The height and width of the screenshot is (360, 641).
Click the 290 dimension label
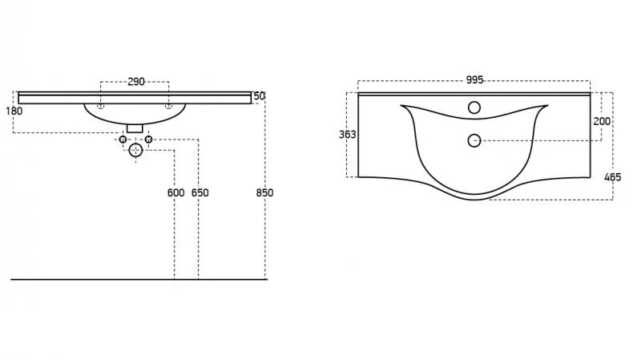[135, 82]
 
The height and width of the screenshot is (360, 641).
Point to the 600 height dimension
[175, 192]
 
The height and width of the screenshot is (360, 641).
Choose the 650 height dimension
[200, 192]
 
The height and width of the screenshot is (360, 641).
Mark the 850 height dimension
[264, 192]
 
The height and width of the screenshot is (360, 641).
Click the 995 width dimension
[474, 80]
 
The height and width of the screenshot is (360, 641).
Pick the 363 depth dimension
[347, 135]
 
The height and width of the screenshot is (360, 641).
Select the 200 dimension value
[602, 121]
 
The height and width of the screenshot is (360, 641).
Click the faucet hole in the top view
[474, 107]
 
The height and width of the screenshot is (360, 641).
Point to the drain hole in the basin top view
[474, 140]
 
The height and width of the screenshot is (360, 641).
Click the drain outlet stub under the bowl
[135, 127]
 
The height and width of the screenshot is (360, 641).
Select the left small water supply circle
[123, 140]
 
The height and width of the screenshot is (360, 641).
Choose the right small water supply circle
[148, 140]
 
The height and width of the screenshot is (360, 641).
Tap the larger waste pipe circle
[135, 150]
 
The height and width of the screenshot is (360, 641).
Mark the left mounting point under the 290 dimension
[100, 105]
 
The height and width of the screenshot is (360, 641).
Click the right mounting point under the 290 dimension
[169, 105]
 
